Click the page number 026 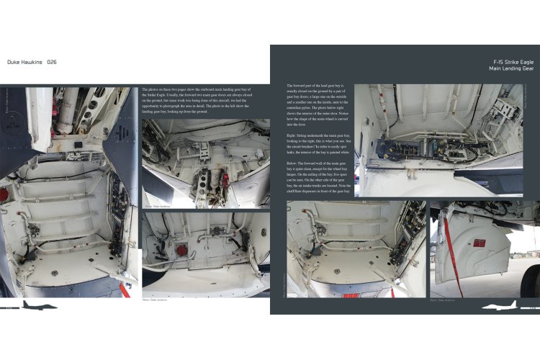(x=52, y=63)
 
